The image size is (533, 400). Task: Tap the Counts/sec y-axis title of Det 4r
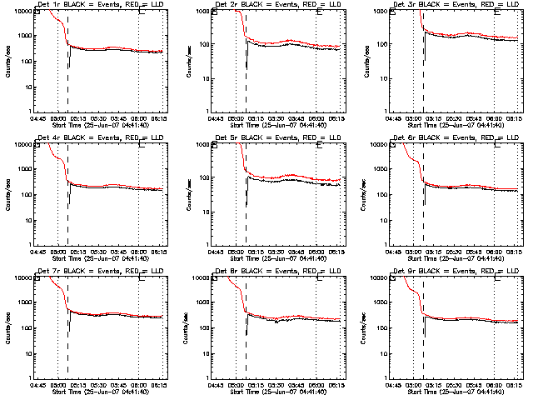pos(7,193)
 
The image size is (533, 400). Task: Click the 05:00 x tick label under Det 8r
pos(237,385)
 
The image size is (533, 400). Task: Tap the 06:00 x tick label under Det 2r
pos(316,118)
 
